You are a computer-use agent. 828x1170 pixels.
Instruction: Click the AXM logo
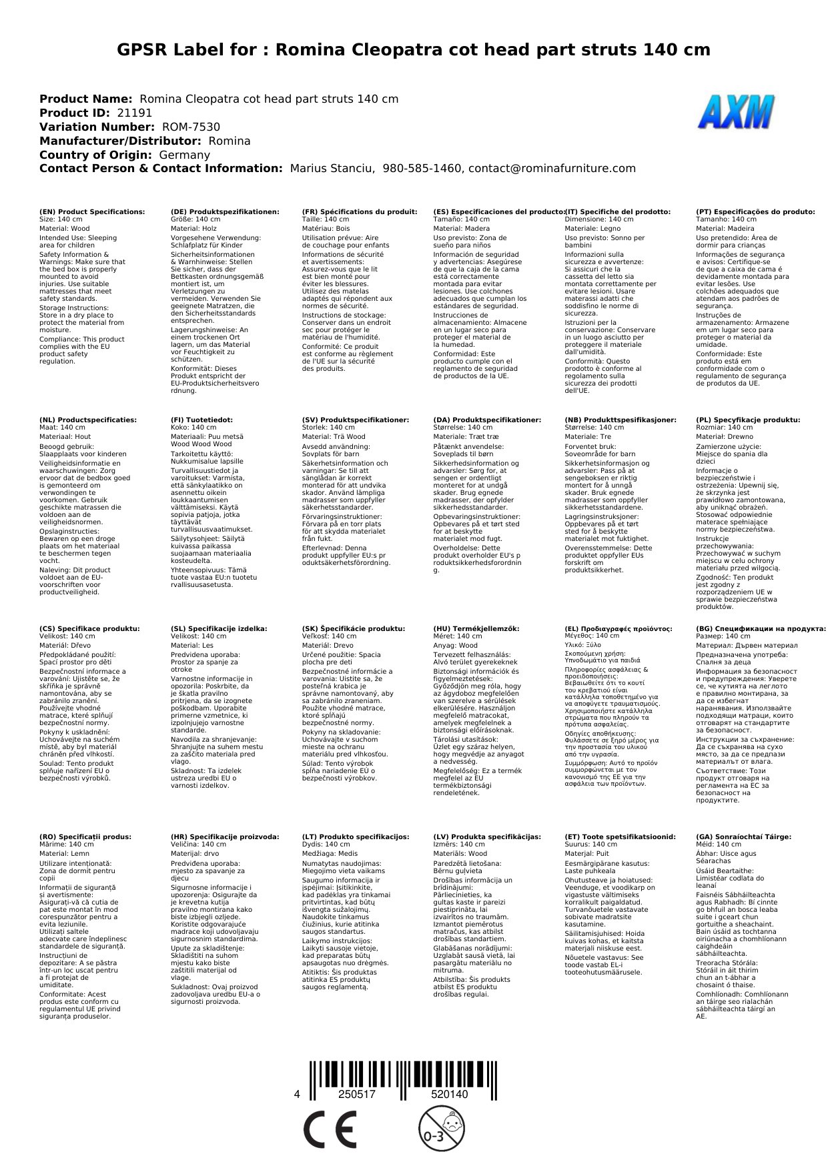pyautogui.click(x=736, y=111)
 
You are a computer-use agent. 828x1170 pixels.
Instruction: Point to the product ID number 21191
pyautogui.click(x=135, y=113)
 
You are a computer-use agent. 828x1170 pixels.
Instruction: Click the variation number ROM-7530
pyautogui.click(x=191, y=127)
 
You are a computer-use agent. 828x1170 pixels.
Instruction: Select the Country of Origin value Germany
pyautogui.click(x=185, y=155)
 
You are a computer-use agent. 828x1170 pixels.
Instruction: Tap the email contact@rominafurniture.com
pyautogui.click(x=552, y=169)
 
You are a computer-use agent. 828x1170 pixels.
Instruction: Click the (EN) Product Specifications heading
pyautogui.click(x=92, y=211)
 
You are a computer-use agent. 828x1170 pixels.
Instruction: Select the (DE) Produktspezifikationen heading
pyautogui.click(x=225, y=211)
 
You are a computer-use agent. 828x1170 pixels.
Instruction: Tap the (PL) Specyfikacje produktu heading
pyautogui.click(x=748, y=420)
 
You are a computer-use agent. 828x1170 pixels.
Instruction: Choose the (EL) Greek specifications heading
pyautogui.click(x=618, y=628)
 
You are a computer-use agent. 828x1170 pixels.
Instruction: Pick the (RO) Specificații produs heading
pyautogui.click(x=85, y=836)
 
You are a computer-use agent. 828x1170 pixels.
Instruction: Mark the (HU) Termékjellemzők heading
pyautogui.click(x=476, y=628)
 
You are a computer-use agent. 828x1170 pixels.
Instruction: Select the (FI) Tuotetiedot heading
pyautogui.click(x=201, y=420)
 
